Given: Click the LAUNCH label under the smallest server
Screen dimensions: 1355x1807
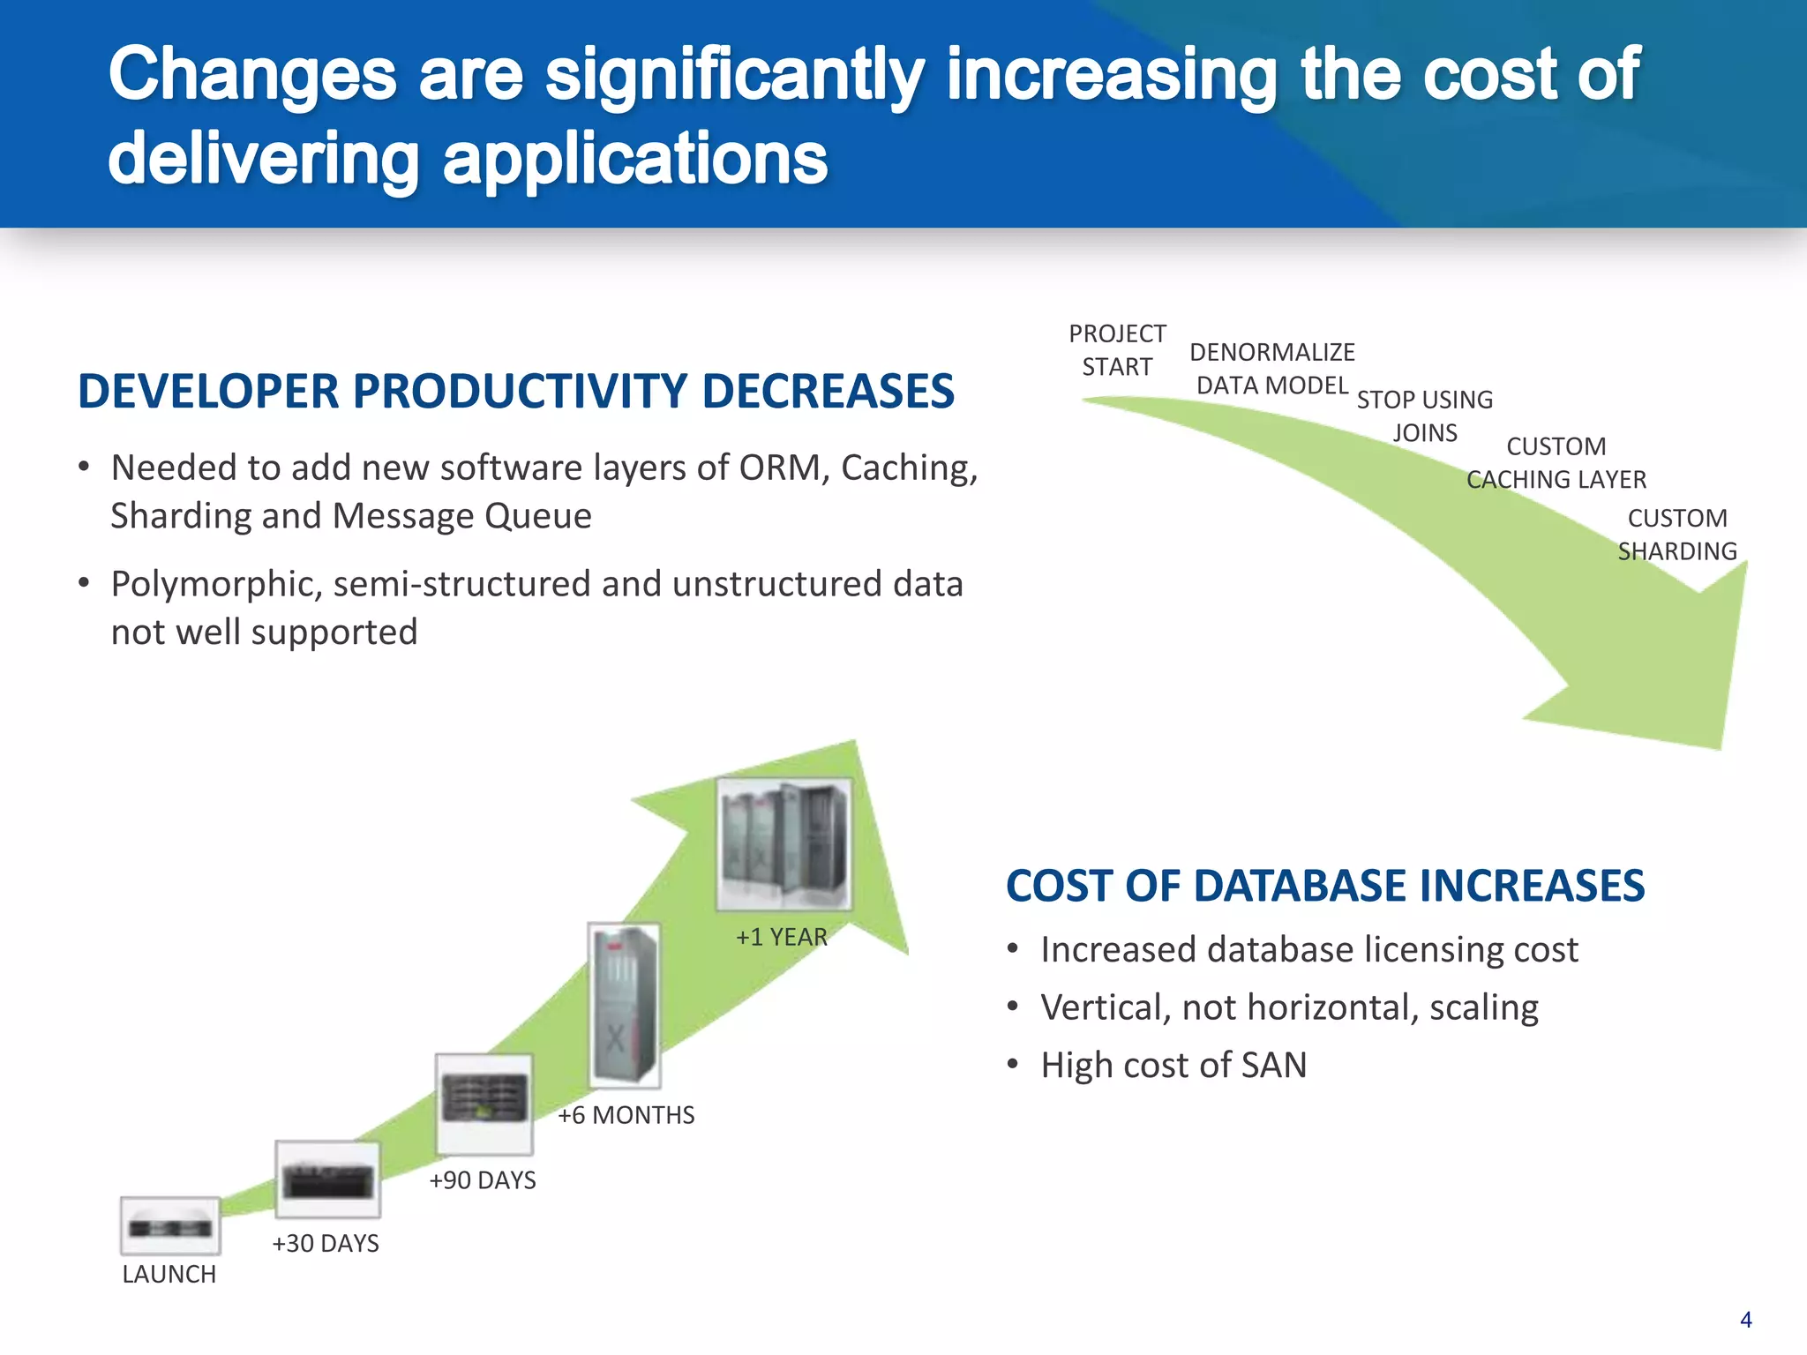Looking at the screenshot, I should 169,1274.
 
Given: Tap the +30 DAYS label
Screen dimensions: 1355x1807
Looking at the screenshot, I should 325,1243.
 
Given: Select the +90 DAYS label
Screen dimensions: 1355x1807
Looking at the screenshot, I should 482,1179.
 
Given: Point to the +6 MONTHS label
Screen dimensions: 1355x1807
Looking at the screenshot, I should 626,1115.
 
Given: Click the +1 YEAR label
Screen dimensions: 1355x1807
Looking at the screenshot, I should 781,937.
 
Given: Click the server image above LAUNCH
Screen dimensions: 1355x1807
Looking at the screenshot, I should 170,1226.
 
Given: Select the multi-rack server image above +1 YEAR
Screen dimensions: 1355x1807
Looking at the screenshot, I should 784,843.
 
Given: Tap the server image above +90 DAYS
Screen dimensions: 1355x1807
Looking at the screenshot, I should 484,1103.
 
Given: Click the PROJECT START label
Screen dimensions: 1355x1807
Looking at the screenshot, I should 1117,350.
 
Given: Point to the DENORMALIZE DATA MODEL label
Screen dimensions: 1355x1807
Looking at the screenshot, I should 1271,369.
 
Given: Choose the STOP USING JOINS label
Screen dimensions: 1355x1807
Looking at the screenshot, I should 1424,416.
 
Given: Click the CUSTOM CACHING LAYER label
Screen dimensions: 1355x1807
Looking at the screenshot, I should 1556,463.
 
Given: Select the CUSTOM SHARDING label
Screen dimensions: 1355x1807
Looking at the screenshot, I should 1676,535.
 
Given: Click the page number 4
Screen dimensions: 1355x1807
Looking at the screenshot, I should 1745,1320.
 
